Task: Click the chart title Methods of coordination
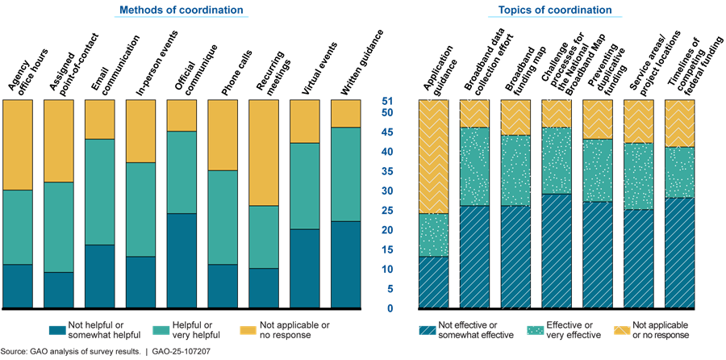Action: coord(181,10)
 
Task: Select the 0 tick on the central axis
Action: coord(389,308)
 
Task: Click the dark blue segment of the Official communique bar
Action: coord(181,260)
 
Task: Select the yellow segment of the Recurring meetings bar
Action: coord(263,153)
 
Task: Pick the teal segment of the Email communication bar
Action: coord(100,192)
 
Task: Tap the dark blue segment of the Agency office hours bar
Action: coord(18,286)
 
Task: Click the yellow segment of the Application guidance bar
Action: coord(433,157)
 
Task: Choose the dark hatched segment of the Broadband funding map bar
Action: coord(515,257)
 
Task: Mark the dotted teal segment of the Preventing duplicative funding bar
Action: coord(597,170)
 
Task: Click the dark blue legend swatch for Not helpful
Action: coord(56,329)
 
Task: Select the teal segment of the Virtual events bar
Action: coord(304,186)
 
